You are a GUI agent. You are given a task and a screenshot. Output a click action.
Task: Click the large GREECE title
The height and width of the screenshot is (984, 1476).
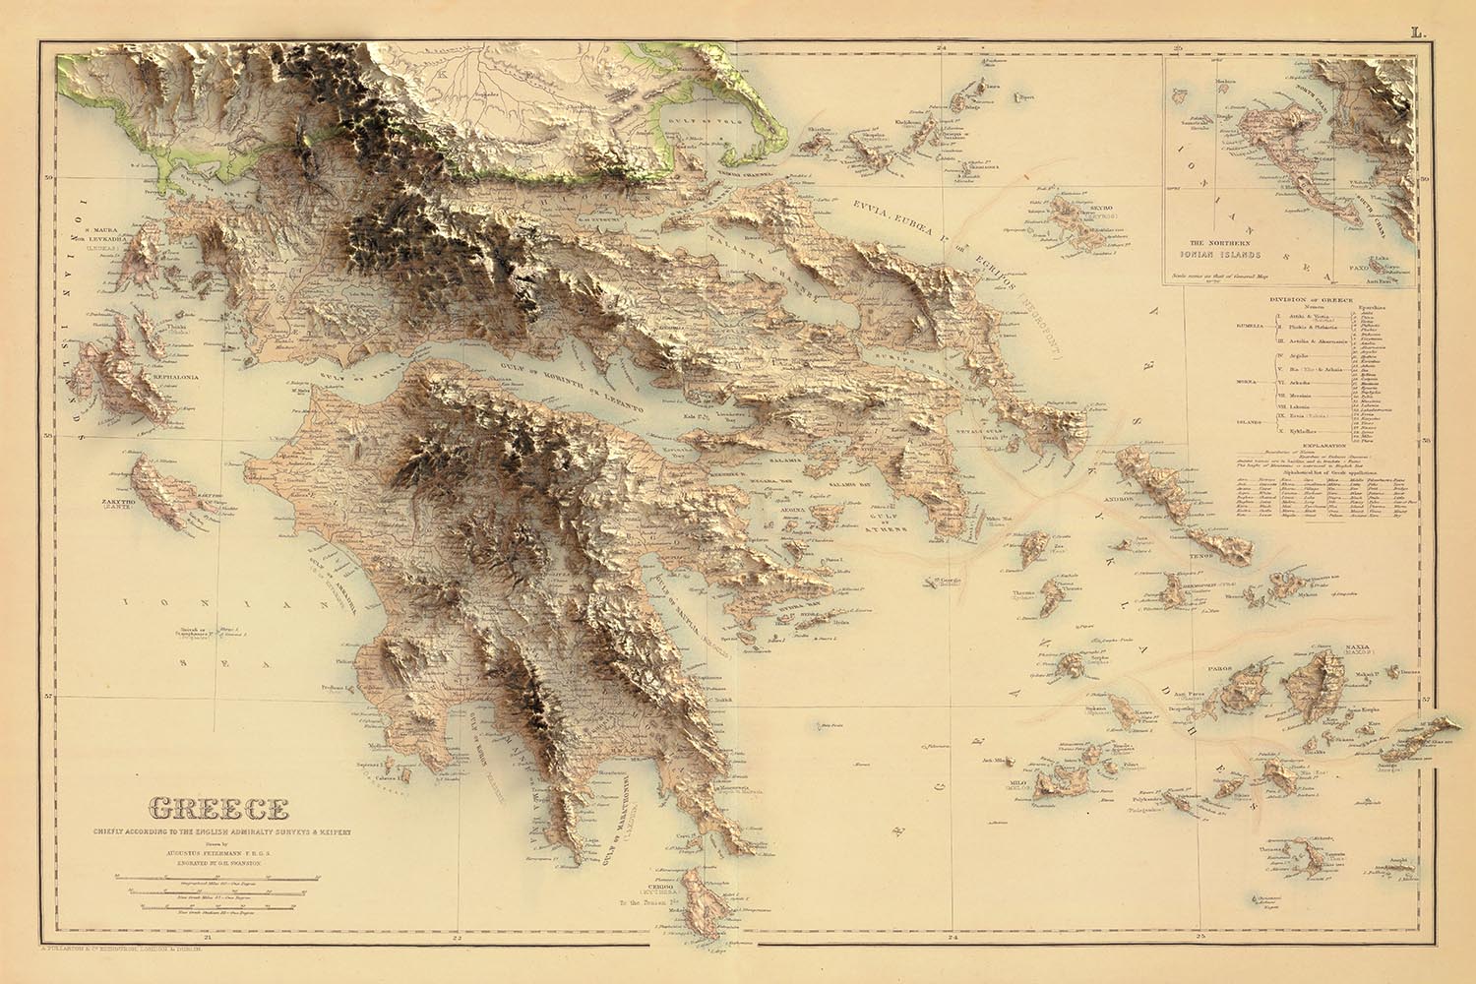pos(217,810)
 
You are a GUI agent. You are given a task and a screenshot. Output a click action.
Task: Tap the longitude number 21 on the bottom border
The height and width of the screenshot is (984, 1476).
pos(206,938)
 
